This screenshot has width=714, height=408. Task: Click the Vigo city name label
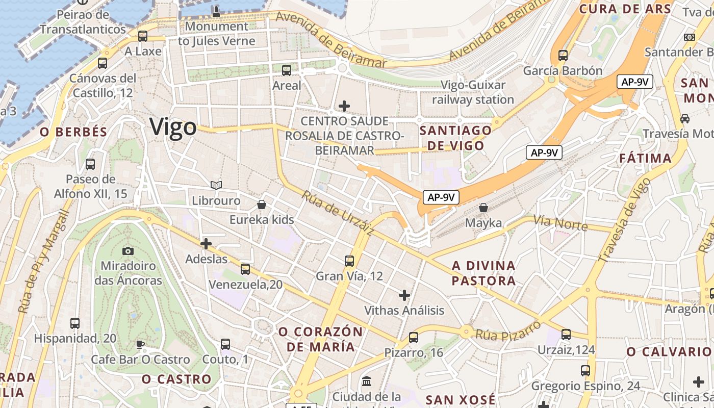173,127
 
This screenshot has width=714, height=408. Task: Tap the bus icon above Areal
287,70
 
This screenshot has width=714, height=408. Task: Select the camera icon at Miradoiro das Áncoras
128,251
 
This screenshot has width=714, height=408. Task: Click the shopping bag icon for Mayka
483,208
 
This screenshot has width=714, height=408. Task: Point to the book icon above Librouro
216,185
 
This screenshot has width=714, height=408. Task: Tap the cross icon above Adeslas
206,244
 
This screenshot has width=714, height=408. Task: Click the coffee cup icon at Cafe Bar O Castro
140,345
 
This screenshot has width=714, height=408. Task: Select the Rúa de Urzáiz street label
338,213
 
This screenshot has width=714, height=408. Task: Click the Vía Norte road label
561,223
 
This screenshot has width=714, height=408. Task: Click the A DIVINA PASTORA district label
483,273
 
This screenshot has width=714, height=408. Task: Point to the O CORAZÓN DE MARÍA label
320,339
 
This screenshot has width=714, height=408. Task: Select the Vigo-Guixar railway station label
473,92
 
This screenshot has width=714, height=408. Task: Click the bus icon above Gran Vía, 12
349,261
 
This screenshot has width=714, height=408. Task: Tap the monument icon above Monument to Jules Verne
216,11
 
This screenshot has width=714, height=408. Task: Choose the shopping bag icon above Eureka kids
262,205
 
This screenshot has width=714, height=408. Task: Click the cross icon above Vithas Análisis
404,295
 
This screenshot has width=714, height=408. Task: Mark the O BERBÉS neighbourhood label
74,132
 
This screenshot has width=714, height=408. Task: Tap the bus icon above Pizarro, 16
414,338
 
